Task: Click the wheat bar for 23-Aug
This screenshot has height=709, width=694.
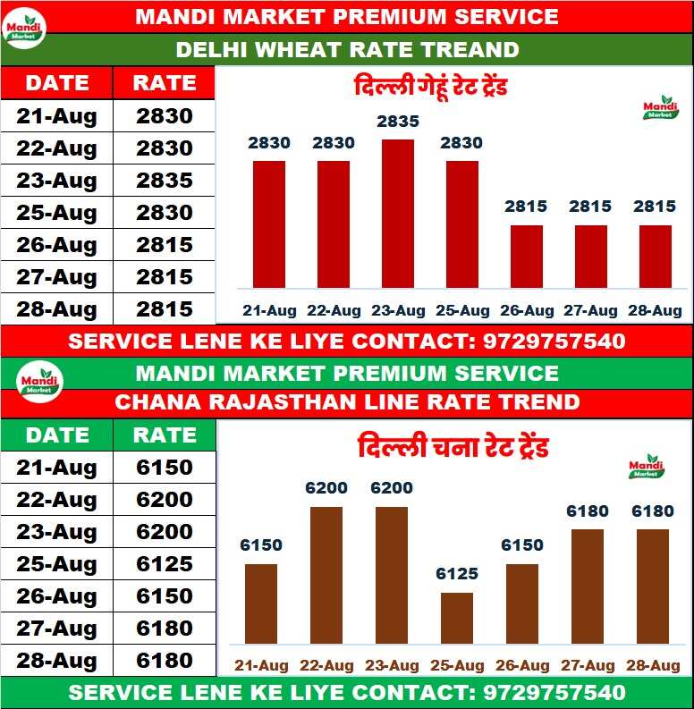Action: [x=398, y=214]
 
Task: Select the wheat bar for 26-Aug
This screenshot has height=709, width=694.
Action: [x=527, y=257]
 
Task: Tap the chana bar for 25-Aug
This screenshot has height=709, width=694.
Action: [x=457, y=618]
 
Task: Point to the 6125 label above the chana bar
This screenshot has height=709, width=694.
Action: [x=457, y=574]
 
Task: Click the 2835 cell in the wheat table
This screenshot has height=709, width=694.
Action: [x=165, y=181]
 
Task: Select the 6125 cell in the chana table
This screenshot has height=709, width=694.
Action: [x=165, y=564]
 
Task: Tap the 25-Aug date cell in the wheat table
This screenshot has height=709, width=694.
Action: [x=56, y=213]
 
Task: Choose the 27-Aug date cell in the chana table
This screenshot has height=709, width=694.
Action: [x=56, y=629]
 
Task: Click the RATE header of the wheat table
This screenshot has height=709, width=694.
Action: [x=165, y=83]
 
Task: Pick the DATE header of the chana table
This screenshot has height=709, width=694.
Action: [x=56, y=435]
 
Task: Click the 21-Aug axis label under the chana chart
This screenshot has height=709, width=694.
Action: [x=261, y=666]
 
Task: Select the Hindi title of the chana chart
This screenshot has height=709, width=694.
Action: [x=453, y=446]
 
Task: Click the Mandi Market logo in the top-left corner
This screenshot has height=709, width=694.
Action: [x=24, y=27]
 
